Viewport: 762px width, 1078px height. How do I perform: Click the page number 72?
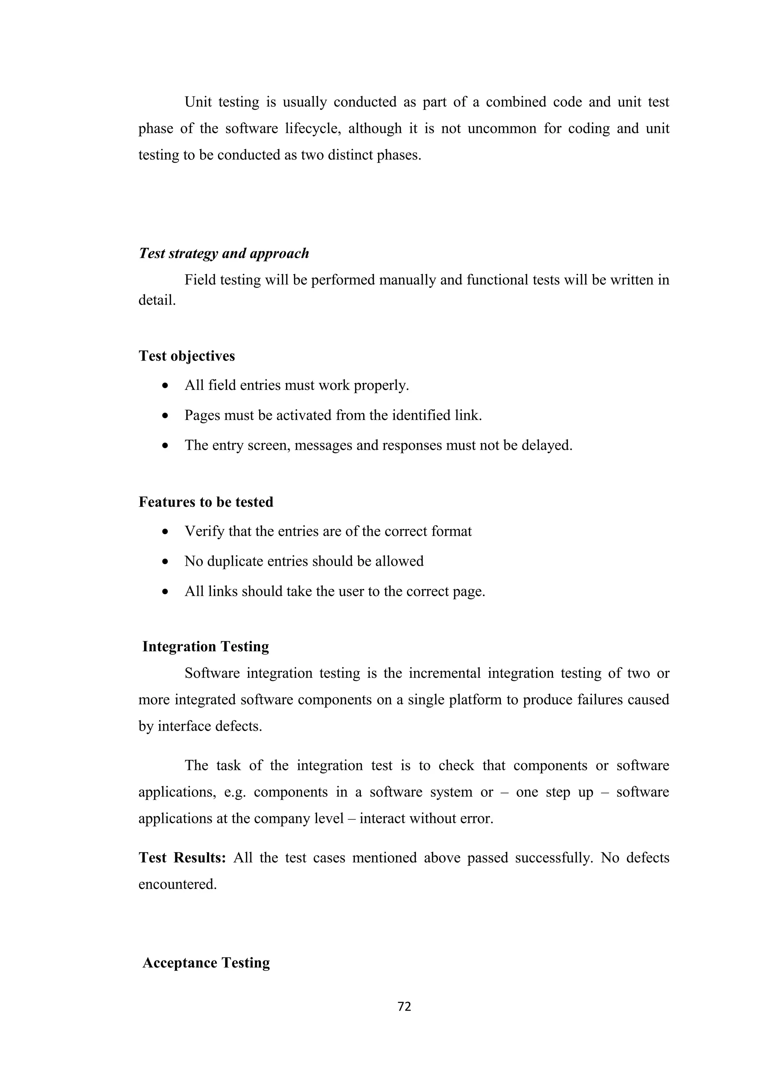click(404, 1006)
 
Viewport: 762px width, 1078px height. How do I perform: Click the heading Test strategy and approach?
click(224, 254)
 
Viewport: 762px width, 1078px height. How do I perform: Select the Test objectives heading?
click(186, 356)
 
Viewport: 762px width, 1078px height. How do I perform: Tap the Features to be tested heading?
click(206, 502)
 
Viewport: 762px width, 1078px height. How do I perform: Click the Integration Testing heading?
click(206, 647)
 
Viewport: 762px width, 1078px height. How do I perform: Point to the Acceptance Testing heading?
click(206, 963)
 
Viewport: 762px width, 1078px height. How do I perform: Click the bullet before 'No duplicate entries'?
click(165, 562)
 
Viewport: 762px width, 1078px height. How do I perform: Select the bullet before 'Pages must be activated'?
click(165, 416)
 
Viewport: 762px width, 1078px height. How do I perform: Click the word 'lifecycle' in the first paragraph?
click(313, 129)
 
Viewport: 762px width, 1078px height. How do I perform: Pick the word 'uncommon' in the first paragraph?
click(502, 129)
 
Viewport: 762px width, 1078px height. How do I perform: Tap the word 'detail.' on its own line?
click(157, 301)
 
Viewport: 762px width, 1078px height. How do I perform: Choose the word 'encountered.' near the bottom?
click(177, 884)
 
